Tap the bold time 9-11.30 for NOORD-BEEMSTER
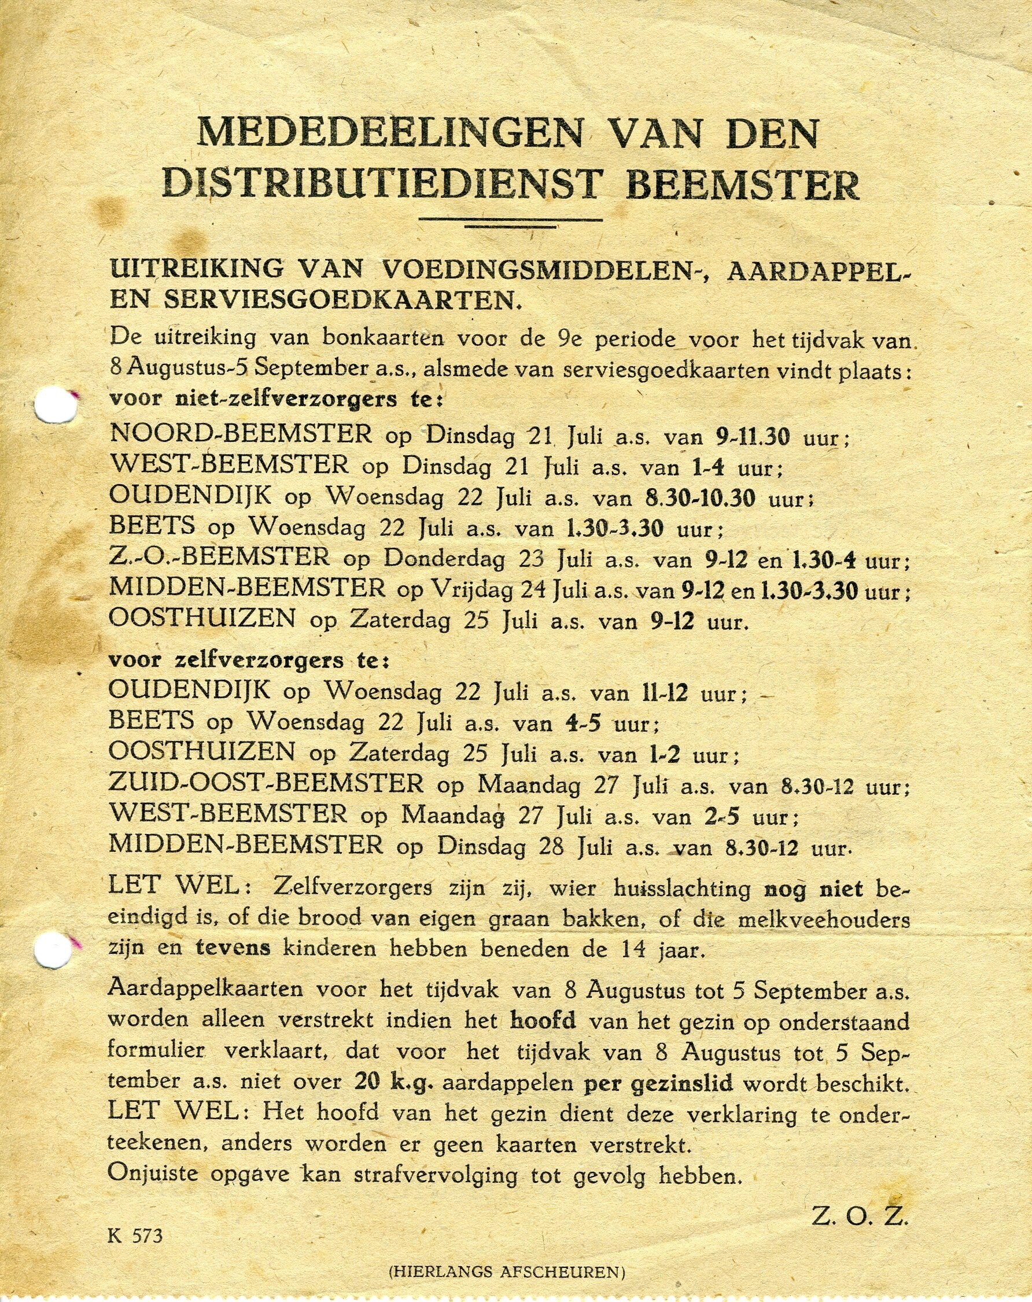point(753,436)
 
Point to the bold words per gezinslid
point(659,1083)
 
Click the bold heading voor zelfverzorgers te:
point(249,660)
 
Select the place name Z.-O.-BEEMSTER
point(220,558)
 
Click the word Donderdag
point(444,559)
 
